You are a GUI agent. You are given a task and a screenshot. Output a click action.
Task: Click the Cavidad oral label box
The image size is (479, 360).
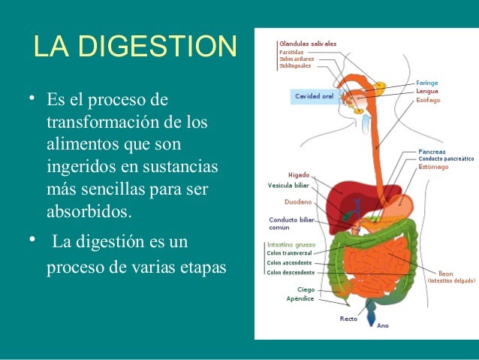[314, 96]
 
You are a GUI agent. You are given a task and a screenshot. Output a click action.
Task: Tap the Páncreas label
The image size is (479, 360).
[432, 151]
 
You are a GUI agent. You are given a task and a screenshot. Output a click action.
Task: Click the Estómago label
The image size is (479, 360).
[434, 167]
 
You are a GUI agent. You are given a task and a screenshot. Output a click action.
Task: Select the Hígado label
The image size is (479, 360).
[299, 174]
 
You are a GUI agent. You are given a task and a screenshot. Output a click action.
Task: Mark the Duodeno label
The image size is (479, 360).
[298, 202]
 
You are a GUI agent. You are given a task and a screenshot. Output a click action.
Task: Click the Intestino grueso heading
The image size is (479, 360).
[291, 245]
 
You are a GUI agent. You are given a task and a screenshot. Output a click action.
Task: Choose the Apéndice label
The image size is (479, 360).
[300, 298]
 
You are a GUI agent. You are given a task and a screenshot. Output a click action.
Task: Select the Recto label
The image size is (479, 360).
[348, 319]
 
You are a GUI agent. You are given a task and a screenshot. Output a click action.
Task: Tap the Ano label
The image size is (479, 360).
[383, 325]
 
